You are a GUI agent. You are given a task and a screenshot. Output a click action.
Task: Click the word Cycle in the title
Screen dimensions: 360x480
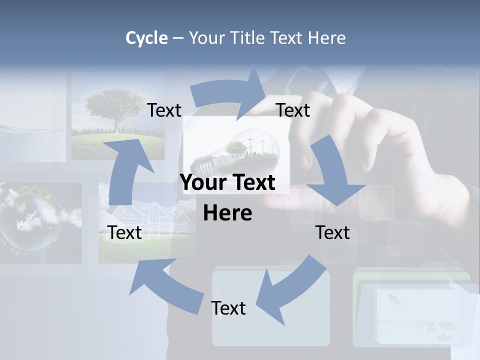point(146,38)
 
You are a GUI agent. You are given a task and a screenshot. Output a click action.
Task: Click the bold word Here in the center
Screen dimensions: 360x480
point(227,213)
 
